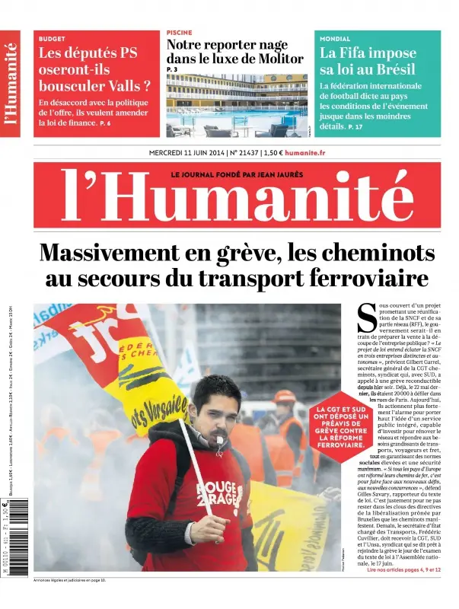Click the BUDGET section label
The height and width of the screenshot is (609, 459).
coord(52,38)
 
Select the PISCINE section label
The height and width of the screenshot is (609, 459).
coord(179,33)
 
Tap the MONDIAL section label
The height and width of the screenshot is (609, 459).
coord(335,38)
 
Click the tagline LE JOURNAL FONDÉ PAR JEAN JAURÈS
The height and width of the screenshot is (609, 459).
coord(237,174)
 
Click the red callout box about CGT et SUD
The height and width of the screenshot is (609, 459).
coord(340,435)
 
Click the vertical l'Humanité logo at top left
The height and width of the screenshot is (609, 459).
coord(11,83)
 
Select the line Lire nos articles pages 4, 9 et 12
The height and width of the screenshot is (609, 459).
coord(403,569)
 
